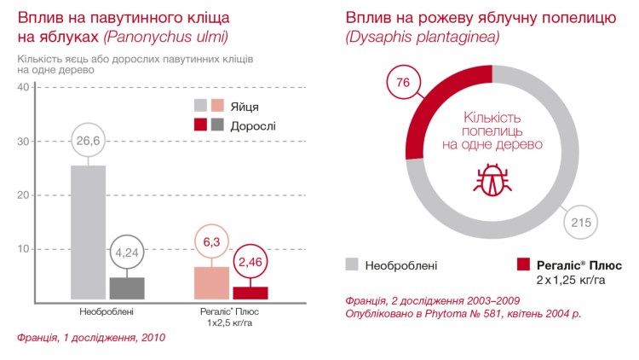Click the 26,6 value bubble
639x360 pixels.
(x=89, y=141)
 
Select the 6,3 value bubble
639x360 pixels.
(x=212, y=243)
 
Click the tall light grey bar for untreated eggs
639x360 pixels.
(x=89, y=230)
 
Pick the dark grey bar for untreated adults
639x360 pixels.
(x=126, y=288)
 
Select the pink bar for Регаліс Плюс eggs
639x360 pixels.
(x=212, y=282)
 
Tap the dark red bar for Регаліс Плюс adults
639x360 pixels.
(x=250, y=293)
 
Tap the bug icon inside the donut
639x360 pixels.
(x=491, y=182)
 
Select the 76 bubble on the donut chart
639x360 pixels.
(x=406, y=83)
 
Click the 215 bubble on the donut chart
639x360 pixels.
(x=579, y=224)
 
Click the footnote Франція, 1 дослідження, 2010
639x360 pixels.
(x=92, y=338)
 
